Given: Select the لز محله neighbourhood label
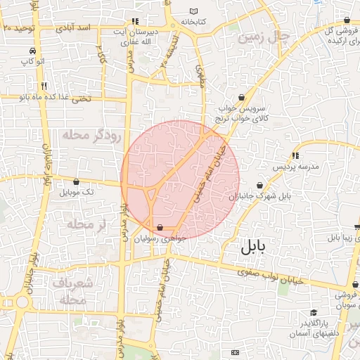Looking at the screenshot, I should point(86,224).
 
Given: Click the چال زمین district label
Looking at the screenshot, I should point(264,37).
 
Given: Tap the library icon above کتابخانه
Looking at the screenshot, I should point(194,11).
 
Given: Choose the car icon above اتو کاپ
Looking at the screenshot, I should point(32,51).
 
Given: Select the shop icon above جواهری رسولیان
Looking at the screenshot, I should point(161,228).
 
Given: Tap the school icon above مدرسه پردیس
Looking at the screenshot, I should point(295,155).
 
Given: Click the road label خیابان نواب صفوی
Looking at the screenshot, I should point(270,276).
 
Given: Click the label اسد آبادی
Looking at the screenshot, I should point(77,27).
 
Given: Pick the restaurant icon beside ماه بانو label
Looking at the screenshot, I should point(44,86).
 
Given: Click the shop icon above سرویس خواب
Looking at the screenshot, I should point(243,98).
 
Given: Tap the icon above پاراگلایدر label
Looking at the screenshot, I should point(314,312).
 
